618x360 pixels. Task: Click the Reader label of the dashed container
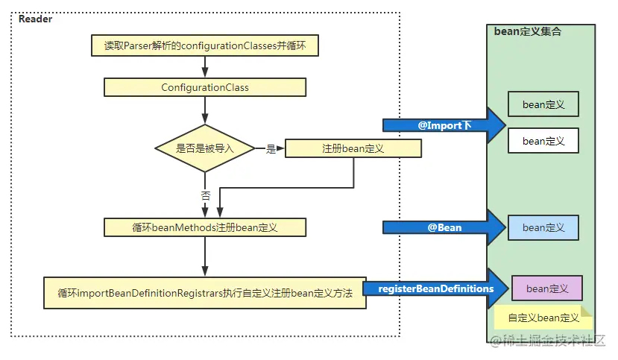(35, 19)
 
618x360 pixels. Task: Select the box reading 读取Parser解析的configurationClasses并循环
(204, 46)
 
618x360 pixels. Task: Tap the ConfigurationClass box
(204, 87)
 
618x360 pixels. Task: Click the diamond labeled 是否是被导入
(204, 148)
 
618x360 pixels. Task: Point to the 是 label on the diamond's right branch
(271, 148)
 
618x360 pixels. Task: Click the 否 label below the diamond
(205, 195)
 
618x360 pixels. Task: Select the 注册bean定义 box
(353, 148)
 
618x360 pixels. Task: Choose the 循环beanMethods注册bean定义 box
(204, 227)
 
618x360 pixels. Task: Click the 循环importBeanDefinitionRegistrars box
(204, 293)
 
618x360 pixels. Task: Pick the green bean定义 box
(543, 104)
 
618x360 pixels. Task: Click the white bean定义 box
(543, 140)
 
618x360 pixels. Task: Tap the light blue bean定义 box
(543, 227)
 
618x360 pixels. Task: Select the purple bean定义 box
(546, 288)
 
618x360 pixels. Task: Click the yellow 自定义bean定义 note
(543, 318)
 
